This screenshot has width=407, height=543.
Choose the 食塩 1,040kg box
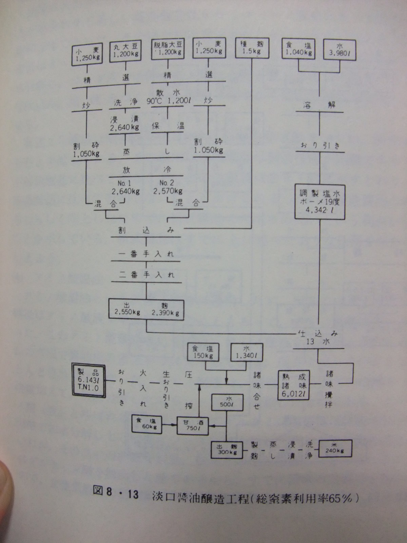[x=298, y=49]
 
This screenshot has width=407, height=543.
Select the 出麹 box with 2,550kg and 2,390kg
[x=146, y=309]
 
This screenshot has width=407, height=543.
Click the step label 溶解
[x=319, y=105]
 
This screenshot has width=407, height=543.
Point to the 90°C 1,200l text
[x=168, y=101]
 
